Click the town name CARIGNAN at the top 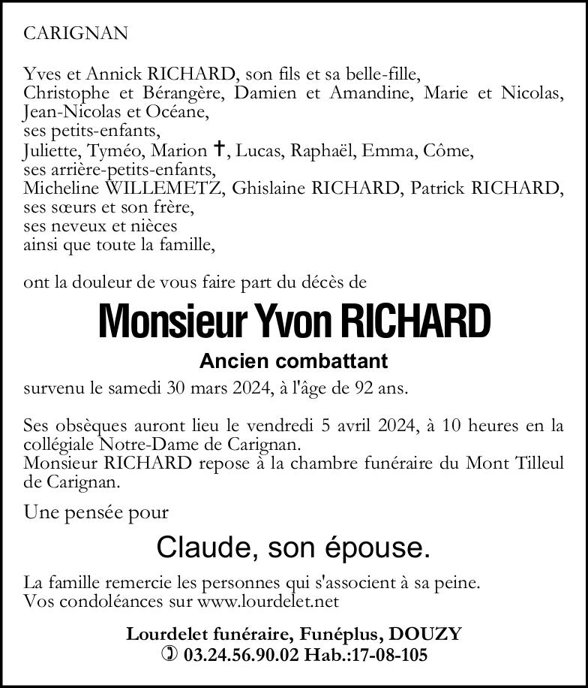pos(76,33)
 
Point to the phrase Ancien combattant pos(293,361)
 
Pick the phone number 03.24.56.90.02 pos(241,655)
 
